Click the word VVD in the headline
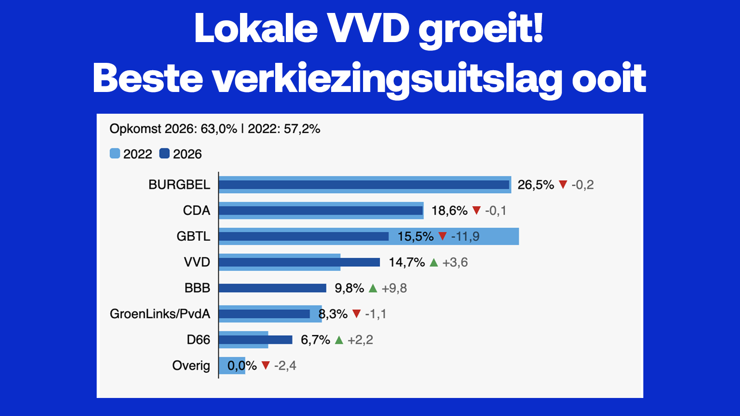pyautogui.click(x=369, y=29)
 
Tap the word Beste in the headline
pyautogui.click(x=148, y=78)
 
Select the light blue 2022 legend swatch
pyautogui.click(x=115, y=153)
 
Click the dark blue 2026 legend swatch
pyautogui.click(x=164, y=153)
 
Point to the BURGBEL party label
pyautogui.click(x=179, y=184)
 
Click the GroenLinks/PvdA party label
pyautogui.click(x=160, y=314)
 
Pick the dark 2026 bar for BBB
pyautogui.click(x=272, y=288)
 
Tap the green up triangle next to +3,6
pyautogui.click(x=433, y=263)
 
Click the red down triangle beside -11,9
pyautogui.click(x=442, y=236)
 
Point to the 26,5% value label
pyautogui.click(x=535, y=185)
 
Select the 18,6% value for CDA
pyautogui.click(x=449, y=211)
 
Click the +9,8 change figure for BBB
pyautogui.click(x=394, y=288)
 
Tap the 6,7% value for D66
pyautogui.click(x=315, y=340)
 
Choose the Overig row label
pyautogui.click(x=191, y=366)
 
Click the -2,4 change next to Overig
pyautogui.click(x=285, y=366)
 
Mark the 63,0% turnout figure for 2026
pyautogui.click(x=218, y=129)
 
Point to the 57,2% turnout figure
pyautogui.click(x=302, y=129)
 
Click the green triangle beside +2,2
pyautogui.click(x=339, y=340)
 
